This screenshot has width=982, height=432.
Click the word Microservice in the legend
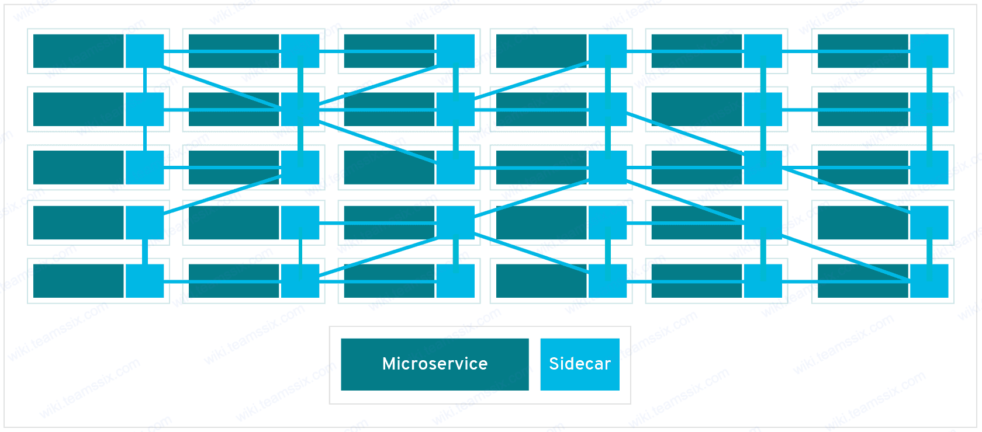[x=435, y=364]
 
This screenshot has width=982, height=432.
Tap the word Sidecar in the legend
[x=580, y=364]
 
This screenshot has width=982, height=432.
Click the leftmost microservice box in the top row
[x=76, y=51]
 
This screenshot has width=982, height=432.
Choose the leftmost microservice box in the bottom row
[x=76, y=281]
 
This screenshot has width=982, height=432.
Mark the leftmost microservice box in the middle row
[x=76, y=167]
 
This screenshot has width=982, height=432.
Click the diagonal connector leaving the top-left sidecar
[x=222, y=88]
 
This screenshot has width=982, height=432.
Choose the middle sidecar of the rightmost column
[x=932, y=167]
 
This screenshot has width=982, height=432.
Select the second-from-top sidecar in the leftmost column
[x=145, y=109]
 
